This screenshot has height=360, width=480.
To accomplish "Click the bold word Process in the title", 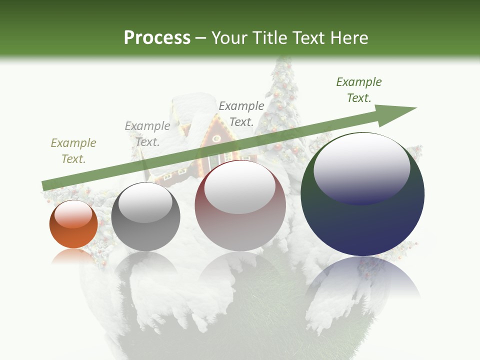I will [157, 37].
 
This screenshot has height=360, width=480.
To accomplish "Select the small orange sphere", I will [73, 224].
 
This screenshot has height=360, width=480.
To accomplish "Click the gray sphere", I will [145, 216].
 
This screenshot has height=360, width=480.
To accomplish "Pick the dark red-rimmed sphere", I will [240, 205].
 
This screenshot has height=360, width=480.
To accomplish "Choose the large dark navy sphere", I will [362, 194].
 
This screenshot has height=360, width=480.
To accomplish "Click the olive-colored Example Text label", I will [73, 151].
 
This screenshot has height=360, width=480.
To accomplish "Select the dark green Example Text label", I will [359, 90].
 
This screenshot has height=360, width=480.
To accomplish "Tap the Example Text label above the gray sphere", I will [147, 134].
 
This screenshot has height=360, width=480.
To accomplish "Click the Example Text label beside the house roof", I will [241, 113].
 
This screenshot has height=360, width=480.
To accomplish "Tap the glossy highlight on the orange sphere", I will [73, 214].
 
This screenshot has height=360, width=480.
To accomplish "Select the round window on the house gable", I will [216, 138].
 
